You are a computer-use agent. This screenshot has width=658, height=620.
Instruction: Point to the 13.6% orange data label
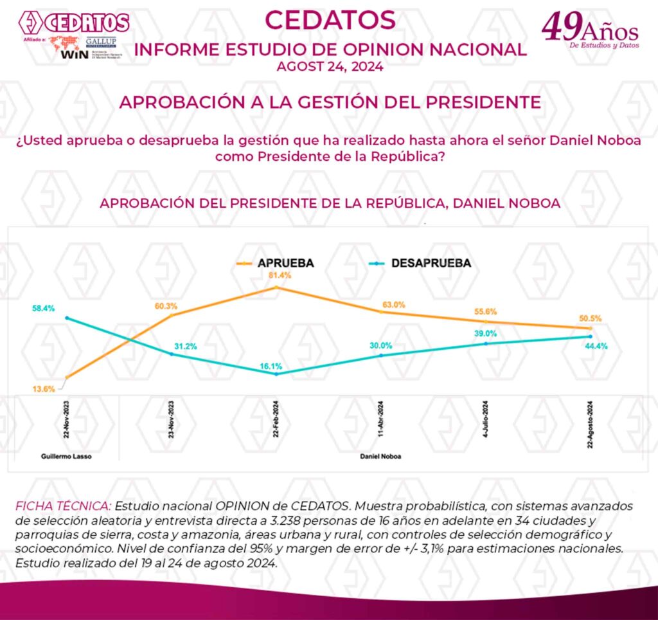point(44,388)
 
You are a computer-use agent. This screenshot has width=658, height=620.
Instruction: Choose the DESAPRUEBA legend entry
point(431,263)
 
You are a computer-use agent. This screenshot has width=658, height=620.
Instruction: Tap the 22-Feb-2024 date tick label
point(276,421)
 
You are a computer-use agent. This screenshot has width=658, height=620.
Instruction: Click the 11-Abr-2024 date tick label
point(381,421)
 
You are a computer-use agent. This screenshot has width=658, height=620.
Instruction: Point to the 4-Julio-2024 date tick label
point(485,421)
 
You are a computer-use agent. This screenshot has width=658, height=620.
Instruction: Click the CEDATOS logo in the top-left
point(75,23)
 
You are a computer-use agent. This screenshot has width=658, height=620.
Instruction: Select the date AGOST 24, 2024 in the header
point(330,66)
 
